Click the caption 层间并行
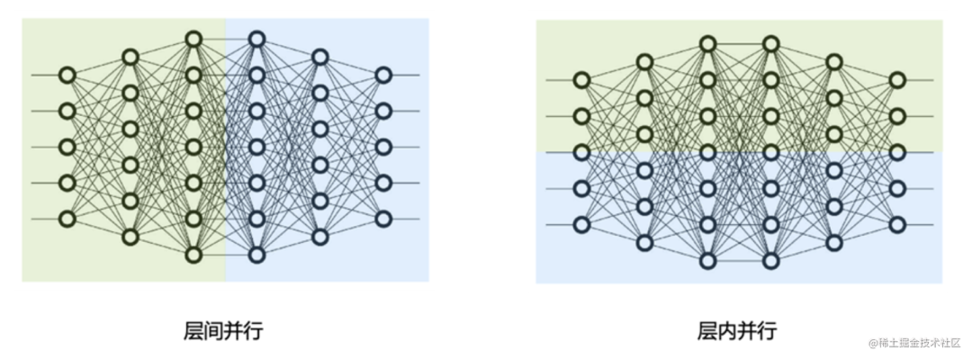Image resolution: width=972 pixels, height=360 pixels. click(223, 330)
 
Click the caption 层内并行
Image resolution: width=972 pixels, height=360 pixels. click(737, 330)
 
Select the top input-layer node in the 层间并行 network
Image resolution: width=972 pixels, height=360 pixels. click(67, 75)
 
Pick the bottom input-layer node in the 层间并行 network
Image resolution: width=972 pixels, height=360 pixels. click(67, 219)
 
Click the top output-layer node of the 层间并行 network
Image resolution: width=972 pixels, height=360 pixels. click(383, 75)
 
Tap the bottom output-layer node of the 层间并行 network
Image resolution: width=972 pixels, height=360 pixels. click(383, 219)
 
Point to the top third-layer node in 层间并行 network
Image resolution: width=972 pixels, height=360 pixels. click(193, 39)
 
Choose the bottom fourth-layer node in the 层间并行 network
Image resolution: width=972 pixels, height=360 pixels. click(256, 255)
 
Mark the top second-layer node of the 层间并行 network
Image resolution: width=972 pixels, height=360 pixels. click(130, 57)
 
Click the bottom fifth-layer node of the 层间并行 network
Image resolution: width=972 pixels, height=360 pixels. click(319, 237)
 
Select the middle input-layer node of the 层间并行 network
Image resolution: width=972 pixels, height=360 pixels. click(67, 147)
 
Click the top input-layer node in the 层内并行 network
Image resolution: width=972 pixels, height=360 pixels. click(581, 80)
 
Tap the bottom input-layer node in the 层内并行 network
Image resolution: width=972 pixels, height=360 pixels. click(581, 224)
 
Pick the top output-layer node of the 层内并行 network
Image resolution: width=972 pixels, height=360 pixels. click(896, 80)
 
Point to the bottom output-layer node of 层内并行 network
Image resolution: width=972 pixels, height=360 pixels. click(896, 224)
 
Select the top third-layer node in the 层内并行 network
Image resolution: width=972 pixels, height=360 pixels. click(707, 44)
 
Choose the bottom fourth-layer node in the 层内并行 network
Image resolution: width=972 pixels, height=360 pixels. click(770, 260)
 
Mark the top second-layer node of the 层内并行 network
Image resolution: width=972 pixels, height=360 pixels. click(644, 62)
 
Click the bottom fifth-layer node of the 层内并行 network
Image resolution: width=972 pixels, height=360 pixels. click(833, 242)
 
